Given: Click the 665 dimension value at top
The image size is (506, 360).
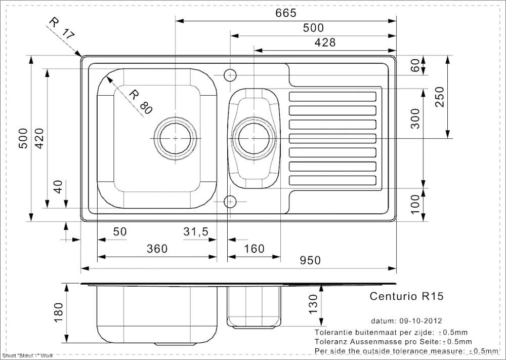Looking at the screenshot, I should coord(286,13).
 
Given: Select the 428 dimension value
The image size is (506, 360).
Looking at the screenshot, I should coord(325,43).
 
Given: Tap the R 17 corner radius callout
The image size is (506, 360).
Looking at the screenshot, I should coord(61,28).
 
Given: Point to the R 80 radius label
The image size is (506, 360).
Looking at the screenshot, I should coord(140,101).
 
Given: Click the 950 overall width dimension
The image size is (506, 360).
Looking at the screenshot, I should coord(310,260).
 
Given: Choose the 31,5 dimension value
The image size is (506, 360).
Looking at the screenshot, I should coord(196,232).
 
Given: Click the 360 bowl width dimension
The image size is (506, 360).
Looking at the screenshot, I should coord(157,249).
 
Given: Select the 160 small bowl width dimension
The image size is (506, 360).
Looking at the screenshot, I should coord(254,249).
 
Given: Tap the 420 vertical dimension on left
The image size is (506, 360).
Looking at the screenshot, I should coord(39,138).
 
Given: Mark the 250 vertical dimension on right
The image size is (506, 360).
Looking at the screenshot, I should coord(439,96).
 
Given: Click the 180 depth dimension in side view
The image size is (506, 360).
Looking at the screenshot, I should coord(58,312).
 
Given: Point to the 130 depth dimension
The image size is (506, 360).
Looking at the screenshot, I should coord(313,303).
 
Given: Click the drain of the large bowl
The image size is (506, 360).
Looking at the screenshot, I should coord(176,138).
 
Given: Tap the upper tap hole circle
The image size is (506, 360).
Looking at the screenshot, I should coord(230,75).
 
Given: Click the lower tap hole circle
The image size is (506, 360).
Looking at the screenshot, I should coord(230,201).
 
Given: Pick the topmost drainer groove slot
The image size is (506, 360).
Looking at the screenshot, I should coord(332,96).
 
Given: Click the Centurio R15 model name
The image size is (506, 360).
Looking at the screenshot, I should coord(406,296).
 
